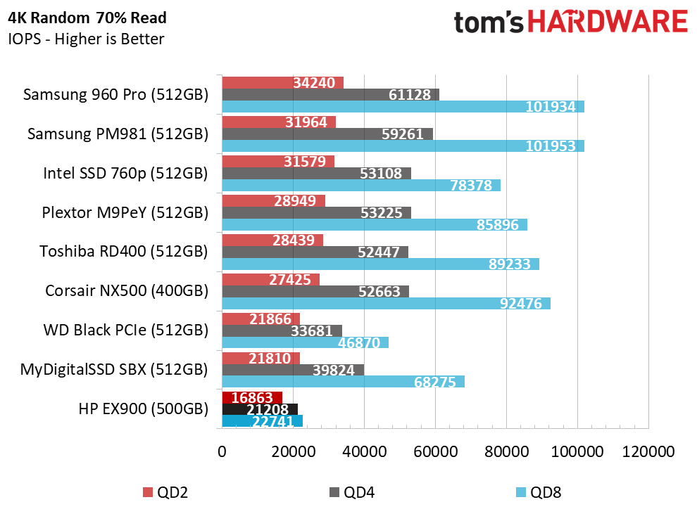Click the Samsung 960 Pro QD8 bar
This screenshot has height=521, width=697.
point(403,106)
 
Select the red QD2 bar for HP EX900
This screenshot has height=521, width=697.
point(252,398)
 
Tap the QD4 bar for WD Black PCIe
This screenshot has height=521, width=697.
point(282,330)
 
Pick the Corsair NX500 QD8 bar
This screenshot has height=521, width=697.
point(387,304)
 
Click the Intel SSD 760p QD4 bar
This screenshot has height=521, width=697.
point(317,174)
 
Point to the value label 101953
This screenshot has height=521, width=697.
point(551,146)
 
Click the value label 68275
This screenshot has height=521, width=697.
point(434,382)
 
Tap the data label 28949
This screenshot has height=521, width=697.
point(295,200)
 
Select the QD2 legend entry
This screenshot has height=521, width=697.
point(165,492)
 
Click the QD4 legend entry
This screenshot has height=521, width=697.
point(352,492)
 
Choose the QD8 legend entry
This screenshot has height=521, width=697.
point(539,492)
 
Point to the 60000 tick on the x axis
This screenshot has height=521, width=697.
point(435,452)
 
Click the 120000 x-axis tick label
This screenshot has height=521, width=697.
point(648,452)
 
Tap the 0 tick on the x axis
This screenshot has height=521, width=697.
point(222,452)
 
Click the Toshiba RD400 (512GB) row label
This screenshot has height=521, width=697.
point(124,252)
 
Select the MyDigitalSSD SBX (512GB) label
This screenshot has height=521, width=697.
point(114,370)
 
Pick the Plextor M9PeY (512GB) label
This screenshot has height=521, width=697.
point(125,212)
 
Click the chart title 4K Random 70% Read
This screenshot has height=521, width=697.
point(87,18)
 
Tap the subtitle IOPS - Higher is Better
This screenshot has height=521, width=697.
point(86,39)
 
